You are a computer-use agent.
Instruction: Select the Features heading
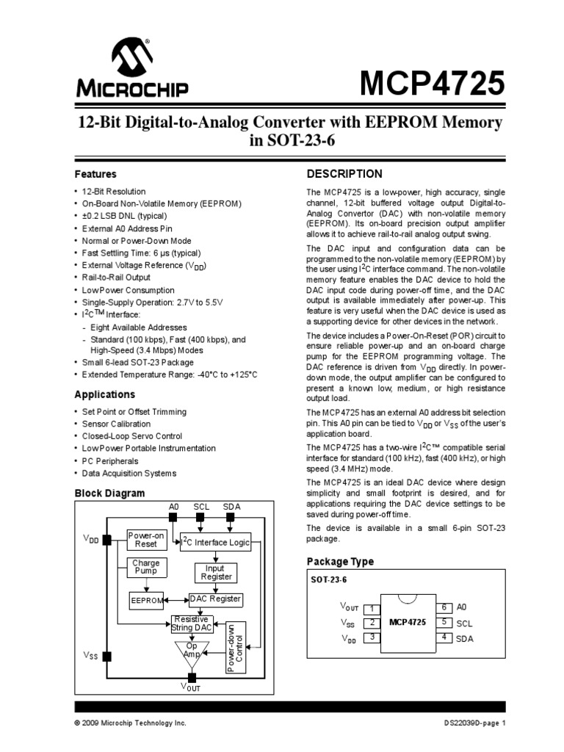96,175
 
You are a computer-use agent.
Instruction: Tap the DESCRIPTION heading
344,174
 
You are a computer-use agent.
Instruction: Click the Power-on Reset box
147,540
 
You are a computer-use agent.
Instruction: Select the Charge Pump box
145,567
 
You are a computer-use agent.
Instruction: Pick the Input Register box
214,573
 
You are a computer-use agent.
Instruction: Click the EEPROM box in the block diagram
145,600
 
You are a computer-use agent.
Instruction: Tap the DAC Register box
215,599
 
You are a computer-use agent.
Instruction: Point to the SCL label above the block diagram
202,507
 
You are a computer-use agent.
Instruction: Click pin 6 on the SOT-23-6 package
444,607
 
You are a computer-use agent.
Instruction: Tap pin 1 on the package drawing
372,608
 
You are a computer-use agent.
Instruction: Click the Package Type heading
340,562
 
